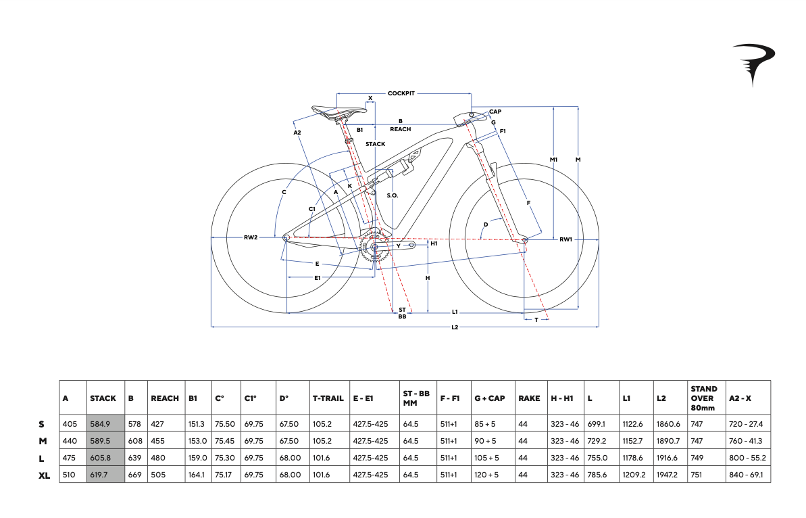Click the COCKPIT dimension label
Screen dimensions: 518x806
point(401,93)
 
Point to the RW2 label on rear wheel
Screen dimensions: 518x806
point(251,237)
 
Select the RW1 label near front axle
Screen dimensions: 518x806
point(565,239)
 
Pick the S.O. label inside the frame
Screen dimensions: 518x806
point(393,195)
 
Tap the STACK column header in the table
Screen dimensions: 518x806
point(103,398)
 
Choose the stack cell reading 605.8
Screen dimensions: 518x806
point(100,458)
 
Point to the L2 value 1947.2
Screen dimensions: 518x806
point(668,475)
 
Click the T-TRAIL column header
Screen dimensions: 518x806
point(328,398)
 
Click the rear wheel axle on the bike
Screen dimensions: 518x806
point(286,237)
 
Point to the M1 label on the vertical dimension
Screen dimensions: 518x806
point(553,160)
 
